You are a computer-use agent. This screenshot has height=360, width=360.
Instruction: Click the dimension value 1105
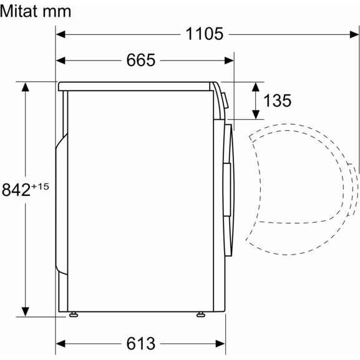(204, 34)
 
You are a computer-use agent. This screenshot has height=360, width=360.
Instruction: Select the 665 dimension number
(141, 60)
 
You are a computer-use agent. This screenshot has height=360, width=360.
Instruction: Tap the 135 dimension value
(277, 100)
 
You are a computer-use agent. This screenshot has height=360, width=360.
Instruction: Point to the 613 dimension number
(141, 344)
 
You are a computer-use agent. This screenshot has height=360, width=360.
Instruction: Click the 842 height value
(16, 190)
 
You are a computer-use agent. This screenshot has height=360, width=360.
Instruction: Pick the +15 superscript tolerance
(40, 186)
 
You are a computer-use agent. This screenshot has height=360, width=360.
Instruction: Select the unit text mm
(58, 12)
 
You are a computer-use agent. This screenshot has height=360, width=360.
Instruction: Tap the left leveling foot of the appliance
(74, 314)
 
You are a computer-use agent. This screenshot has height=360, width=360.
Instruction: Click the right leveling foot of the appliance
(201, 314)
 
